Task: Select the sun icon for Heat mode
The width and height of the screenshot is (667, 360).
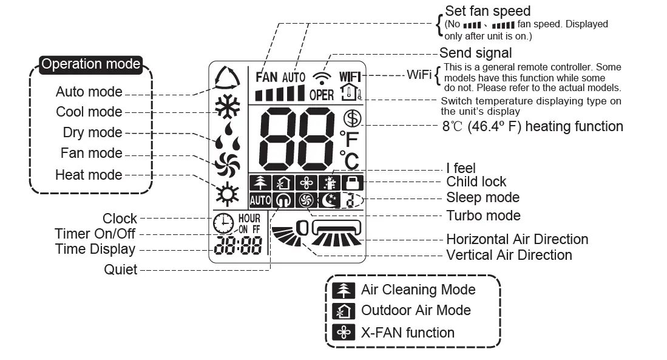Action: click(x=228, y=194)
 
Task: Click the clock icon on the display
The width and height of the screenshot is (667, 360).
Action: click(x=223, y=223)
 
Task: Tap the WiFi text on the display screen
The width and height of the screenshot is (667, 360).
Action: click(x=350, y=76)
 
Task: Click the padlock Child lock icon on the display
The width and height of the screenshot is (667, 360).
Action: click(x=350, y=183)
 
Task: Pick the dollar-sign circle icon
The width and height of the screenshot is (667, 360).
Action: click(x=351, y=118)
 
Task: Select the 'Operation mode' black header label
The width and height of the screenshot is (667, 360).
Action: click(x=91, y=64)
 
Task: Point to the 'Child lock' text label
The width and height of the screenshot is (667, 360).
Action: click(x=476, y=182)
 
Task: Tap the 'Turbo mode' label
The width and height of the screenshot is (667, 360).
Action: click(x=483, y=216)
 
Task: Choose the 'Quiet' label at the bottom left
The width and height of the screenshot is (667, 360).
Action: click(x=120, y=270)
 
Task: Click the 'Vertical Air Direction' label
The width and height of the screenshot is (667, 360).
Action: click(x=509, y=255)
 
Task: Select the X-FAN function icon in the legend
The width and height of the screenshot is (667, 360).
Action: click(x=344, y=333)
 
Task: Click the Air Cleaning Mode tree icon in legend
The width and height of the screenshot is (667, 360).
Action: click(x=344, y=290)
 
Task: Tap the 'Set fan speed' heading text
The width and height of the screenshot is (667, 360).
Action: click(x=487, y=11)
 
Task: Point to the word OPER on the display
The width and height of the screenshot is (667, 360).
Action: click(x=322, y=95)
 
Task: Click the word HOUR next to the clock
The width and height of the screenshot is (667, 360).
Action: click(x=249, y=219)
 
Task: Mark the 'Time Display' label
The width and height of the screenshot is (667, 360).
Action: click(x=95, y=250)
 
